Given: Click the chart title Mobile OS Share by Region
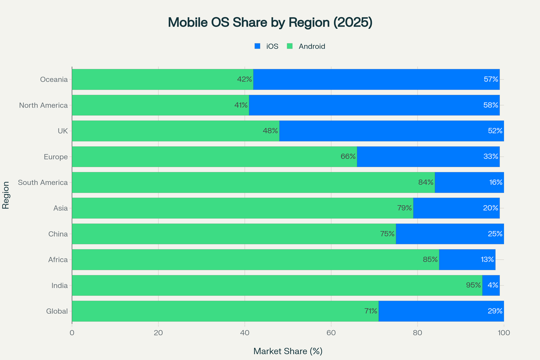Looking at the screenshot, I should click(270, 22).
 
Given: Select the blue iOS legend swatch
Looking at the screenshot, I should click(258, 46).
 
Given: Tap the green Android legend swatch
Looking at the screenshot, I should click(290, 46).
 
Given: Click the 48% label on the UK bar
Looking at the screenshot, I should click(270, 131).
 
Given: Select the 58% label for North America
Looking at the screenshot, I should click(491, 105).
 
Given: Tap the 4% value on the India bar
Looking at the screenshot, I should click(492, 285).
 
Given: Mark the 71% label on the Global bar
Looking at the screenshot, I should click(371, 311).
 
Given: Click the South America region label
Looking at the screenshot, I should click(43, 183).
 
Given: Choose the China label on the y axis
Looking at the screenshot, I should click(58, 234).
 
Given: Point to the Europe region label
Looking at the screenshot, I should click(56, 157).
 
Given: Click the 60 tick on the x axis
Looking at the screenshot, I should click(331, 333).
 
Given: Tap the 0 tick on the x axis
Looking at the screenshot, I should click(72, 333).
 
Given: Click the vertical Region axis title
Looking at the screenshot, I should click(6, 195).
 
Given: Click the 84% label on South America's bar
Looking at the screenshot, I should click(426, 183).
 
